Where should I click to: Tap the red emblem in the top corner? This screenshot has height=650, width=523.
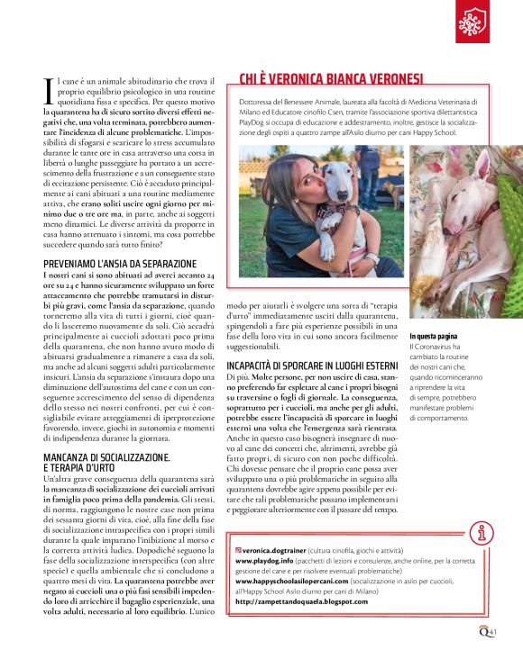tap(473, 20)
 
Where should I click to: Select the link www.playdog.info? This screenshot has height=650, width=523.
tap(266, 559)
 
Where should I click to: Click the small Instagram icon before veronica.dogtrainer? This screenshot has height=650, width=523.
tap(238, 548)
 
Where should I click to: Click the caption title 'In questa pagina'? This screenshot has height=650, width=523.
tap(435, 335)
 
